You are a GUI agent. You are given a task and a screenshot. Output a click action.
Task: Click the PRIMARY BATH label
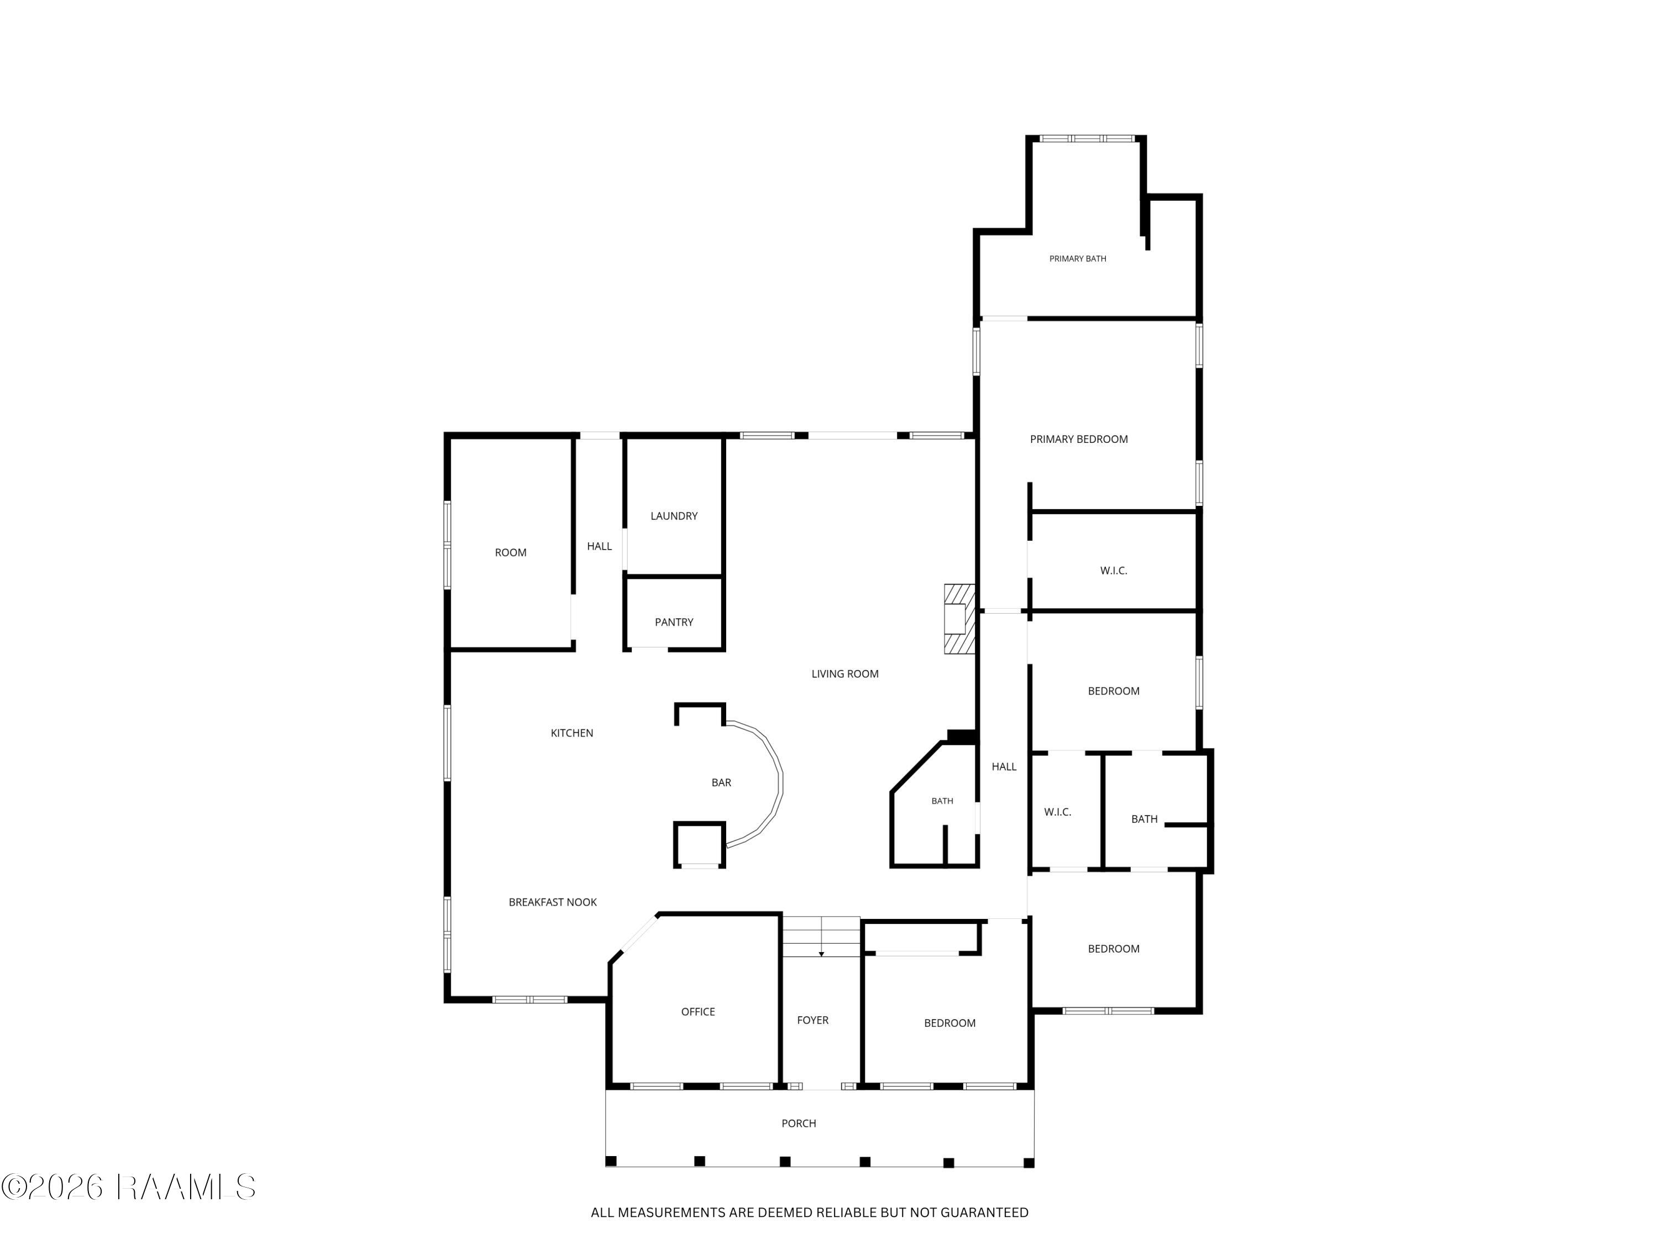(1077, 259)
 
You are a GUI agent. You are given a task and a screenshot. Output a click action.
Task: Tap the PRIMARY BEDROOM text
(1079, 440)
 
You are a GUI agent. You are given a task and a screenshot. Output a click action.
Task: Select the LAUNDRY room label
(674, 516)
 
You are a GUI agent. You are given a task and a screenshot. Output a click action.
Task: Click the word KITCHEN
(572, 733)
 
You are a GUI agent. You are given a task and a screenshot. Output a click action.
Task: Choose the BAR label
(721, 783)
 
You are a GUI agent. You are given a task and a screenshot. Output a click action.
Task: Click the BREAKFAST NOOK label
(553, 903)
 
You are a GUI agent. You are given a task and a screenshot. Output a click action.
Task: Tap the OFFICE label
(698, 1012)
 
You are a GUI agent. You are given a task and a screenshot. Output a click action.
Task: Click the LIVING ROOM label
(844, 674)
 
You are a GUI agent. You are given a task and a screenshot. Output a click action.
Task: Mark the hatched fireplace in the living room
(959, 619)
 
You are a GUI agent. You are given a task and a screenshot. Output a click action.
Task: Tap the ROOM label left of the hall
(511, 553)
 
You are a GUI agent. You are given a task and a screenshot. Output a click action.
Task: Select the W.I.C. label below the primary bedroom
(1113, 571)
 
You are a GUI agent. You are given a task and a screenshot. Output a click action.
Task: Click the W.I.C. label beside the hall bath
(1058, 812)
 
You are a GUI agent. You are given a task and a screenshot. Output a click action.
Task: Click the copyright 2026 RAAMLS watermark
(128, 1187)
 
